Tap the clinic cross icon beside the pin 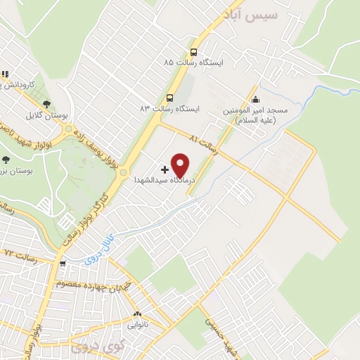point(165,169)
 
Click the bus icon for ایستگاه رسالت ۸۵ point(193,51)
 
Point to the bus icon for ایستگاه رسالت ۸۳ point(169,98)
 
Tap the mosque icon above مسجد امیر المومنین point(255,99)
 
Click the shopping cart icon point(63,264)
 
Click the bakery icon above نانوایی point(136,314)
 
